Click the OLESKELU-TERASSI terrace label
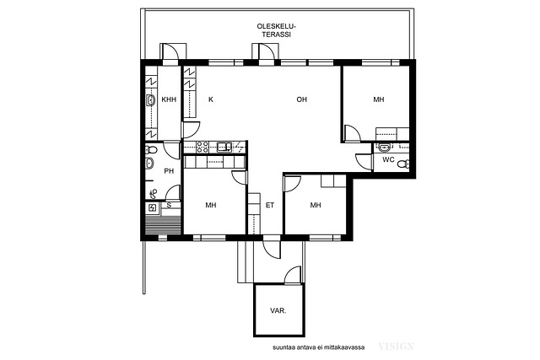tap(276, 30)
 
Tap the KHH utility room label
tap(169, 99)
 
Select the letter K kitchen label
tap(211, 99)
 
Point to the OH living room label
tap(301, 99)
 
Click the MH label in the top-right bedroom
tap(379, 99)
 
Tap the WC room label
tap(388, 159)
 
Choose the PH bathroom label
tap(169, 170)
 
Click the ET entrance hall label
tap(270, 205)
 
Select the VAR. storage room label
tap(278, 310)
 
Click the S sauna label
tap(169, 205)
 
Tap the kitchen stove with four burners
tap(202, 147)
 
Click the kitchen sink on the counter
tap(224, 147)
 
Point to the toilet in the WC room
tap(403, 164)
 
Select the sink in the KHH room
tap(150, 100)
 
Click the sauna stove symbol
tap(152, 208)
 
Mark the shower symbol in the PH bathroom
tap(154, 194)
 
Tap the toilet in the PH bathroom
tap(151, 150)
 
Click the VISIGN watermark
tap(396, 347)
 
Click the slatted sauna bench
tap(163, 224)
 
